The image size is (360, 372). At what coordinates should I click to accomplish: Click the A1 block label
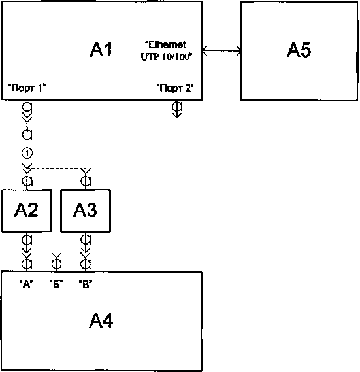point(101,50)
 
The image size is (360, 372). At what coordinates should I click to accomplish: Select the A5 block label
point(299,50)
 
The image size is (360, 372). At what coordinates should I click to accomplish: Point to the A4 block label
point(101,320)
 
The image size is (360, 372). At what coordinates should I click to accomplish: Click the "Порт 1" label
point(27,88)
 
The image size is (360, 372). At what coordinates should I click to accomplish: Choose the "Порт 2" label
point(175,88)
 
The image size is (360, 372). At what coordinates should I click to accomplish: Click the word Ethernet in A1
point(165,44)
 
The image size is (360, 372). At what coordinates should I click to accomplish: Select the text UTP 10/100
point(167,57)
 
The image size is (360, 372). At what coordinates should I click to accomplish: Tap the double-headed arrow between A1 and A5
point(221,51)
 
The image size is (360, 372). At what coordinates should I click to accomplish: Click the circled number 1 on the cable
point(27,153)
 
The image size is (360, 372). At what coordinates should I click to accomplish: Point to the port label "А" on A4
point(26,284)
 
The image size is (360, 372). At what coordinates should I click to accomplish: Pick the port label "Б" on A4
point(56,284)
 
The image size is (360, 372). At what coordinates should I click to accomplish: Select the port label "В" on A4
point(86,284)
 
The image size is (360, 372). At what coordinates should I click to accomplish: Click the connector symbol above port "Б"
point(56,262)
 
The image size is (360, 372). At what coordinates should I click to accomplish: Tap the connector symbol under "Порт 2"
point(177,109)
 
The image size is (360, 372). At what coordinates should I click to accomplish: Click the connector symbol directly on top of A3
point(86,179)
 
